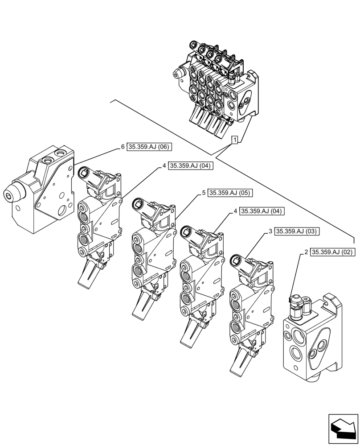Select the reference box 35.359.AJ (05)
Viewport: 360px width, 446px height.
coord(230,193)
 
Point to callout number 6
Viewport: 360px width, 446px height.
coord(123,146)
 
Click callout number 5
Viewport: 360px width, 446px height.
coord(203,193)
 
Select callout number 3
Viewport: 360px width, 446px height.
coord(270,231)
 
